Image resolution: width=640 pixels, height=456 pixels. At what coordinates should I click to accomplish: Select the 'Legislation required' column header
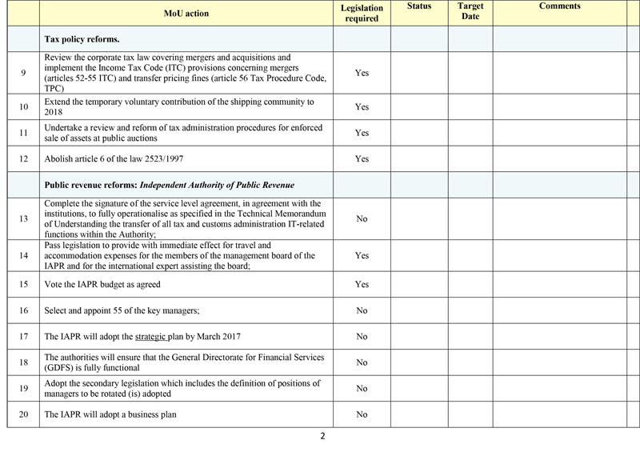click(x=362, y=13)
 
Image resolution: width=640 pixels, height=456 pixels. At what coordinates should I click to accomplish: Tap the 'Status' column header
click(x=418, y=6)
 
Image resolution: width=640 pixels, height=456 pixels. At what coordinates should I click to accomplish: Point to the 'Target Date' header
click(x=470, y=11)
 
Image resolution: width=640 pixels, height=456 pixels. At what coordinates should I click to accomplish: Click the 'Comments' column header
click(x=559, y=6)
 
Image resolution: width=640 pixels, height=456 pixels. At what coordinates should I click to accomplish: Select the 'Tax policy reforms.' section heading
click(x=82, y=38)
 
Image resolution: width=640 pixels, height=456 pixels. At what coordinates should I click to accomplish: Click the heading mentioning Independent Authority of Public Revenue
click(x=170, y=185)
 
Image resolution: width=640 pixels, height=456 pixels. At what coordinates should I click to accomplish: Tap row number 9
click(x=23, y=73)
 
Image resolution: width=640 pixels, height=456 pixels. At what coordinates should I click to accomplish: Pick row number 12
click(x=23, y=159)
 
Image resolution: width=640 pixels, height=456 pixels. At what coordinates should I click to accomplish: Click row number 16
click(x=23, y=310)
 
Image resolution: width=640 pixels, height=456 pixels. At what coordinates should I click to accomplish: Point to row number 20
click(x=23, y=414)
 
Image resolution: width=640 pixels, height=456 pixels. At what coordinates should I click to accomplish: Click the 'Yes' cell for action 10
click(x=362, y=107)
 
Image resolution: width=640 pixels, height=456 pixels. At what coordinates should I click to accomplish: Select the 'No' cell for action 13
click(x=362, y=218)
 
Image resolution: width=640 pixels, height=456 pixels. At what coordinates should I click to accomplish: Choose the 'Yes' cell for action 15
click(x=362, y=284)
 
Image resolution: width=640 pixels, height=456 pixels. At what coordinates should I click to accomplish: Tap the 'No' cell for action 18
click(x=362, y=362)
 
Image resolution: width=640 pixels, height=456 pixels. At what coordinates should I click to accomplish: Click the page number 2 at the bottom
click(x=322, y=437)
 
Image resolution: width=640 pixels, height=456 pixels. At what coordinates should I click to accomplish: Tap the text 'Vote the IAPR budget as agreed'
click(x=110, y=284)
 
